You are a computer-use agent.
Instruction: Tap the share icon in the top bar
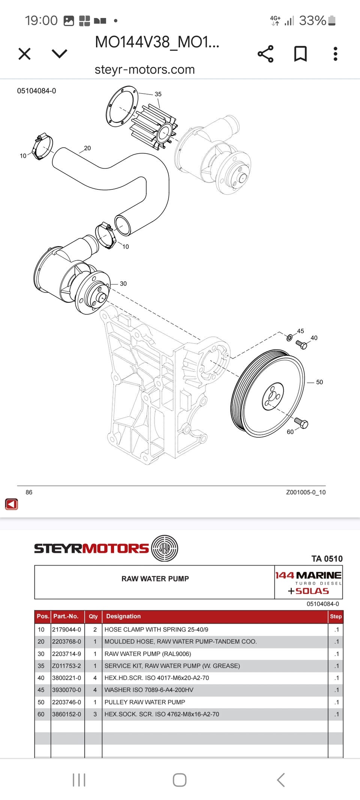click(265, 54)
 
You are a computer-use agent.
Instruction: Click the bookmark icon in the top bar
click(300, 54)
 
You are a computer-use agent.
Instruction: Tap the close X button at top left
click(24, 54)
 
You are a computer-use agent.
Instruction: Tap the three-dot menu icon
click(335, 54)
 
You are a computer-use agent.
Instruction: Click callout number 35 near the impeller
click(158, 94)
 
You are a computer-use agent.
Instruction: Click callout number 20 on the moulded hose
click(87, 148)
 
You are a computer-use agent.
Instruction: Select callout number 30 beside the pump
click(123, 284)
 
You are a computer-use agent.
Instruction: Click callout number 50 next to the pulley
click(319, 382)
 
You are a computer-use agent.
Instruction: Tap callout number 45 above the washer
click(301, 331)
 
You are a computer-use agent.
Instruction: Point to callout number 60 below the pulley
click(290, 432)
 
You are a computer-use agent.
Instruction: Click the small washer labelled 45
click(289, 338)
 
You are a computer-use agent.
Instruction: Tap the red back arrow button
click(12, 504)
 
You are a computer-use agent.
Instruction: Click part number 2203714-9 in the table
click(66, 654)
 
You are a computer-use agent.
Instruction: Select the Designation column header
click(123, 616)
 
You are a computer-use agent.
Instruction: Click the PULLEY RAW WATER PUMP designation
click(145, 702)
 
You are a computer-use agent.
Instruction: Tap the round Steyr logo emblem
click(165, 548)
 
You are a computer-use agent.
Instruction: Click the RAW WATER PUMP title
click(155, 579)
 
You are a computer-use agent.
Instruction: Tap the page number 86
click(29, 492)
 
